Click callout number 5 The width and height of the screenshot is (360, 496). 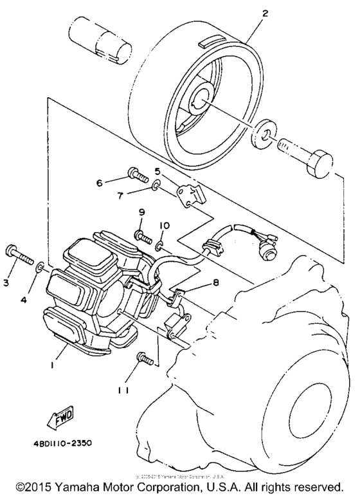coord(156,171)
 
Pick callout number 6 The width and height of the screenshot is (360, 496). coord(100,183)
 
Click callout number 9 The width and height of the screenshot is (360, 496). coord(141,212)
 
